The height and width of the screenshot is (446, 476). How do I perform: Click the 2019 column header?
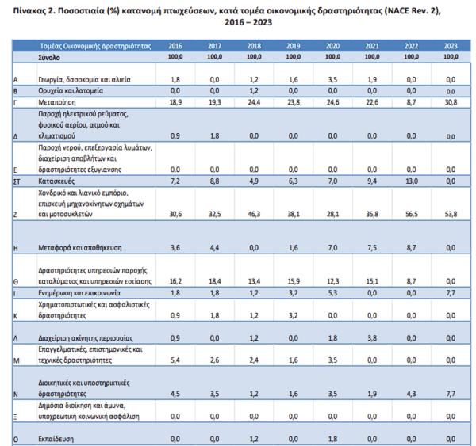coord(294,46)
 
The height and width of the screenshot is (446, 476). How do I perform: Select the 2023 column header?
coord(451,46)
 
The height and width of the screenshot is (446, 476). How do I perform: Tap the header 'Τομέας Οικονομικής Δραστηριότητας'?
coord(95,46)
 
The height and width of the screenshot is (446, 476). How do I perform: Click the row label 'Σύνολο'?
coord(49,57)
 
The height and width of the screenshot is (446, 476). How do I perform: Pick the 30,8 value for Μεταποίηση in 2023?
coord(451,102)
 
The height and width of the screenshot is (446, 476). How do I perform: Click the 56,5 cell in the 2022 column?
coord(411,214)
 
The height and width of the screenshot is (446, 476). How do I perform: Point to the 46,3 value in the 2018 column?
coord(254,214)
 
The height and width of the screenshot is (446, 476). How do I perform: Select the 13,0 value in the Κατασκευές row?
coord(411,181)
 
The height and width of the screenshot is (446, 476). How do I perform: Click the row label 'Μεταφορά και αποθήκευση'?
coord(80,248)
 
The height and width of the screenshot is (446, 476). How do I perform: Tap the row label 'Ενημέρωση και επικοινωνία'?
coord(79,293)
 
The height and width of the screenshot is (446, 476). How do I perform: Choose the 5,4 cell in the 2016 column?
coord(175,360)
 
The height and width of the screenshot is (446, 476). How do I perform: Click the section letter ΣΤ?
coord(17,181)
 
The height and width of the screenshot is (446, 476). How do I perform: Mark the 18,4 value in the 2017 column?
coord(215,281)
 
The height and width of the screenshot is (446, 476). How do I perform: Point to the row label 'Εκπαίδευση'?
coord(56,439)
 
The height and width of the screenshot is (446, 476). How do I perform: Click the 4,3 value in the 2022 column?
coord(411,394)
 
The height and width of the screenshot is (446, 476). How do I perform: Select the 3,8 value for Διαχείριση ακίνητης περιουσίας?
coord(372,338)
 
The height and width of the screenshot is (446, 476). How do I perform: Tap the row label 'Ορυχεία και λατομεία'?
coord(71,90)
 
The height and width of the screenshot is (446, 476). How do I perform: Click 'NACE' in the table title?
coord(397,11)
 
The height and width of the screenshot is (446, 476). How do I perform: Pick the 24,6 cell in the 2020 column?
coord(332,102)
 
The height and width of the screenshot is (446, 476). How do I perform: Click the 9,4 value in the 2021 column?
coord(372,181)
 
